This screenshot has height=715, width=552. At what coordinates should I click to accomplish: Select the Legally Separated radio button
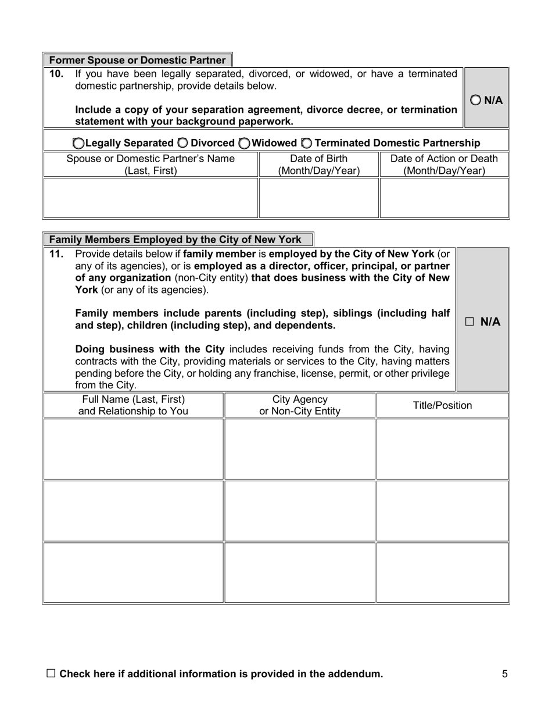[78, 143]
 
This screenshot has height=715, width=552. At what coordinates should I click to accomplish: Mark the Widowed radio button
[245, 143]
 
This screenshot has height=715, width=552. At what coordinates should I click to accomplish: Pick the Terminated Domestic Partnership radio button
[306, 143]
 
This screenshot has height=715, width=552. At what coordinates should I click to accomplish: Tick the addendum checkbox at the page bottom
[51, 674]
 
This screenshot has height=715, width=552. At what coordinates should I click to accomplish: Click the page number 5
[504, 674]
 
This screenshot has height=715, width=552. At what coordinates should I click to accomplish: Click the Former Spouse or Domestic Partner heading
[137, 60]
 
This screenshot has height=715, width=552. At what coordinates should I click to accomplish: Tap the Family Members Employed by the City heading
[175, 239]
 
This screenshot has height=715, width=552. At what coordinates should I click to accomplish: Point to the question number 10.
[56, 74]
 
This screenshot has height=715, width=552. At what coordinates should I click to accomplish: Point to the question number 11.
[56, 254]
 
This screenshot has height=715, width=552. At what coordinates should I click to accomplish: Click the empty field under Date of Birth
[319, 198]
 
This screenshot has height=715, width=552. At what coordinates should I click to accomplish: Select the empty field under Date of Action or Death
[444, 198]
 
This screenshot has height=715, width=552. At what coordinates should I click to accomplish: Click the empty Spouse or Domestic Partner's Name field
[151, 198]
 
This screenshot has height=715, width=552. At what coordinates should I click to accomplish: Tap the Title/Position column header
[442, 406]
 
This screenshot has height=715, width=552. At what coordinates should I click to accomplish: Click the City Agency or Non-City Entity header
[300, 406]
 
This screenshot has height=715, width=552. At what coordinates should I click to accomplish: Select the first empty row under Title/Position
[442, 449]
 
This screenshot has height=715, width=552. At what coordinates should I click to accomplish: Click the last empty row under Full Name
[134, 573]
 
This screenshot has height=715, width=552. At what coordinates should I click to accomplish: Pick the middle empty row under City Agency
[300, 511]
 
